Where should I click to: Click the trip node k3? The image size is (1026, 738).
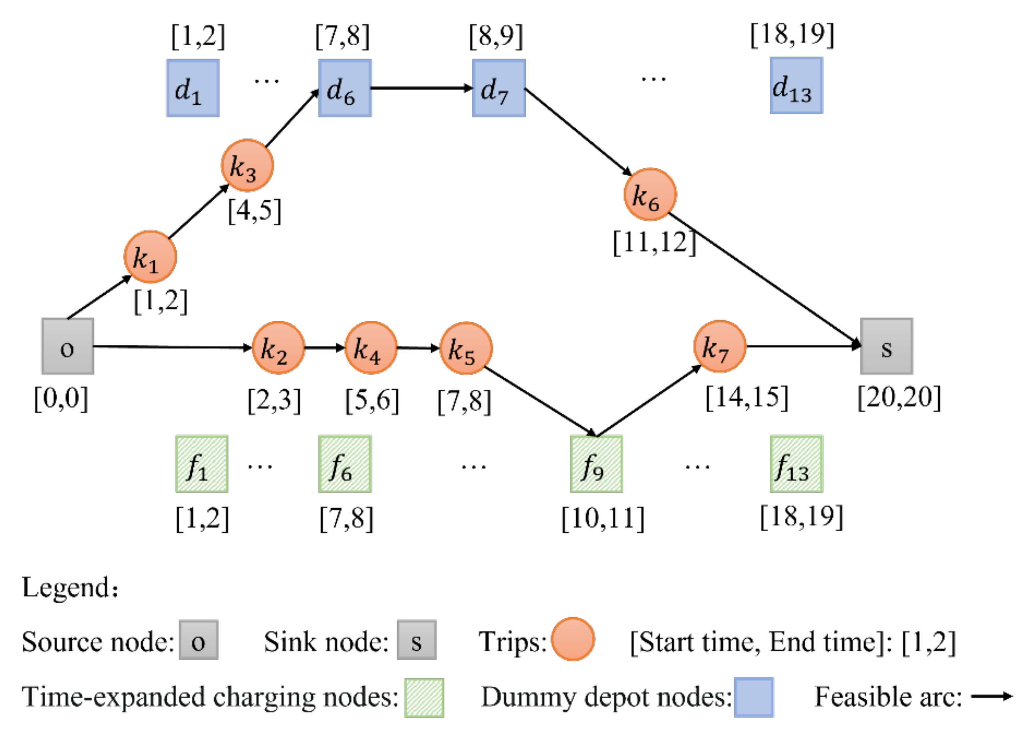click(x=247, y=165)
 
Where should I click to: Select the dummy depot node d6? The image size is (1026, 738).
click(x=345, y=88)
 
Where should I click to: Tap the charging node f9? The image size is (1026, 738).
click(x=596, y=464)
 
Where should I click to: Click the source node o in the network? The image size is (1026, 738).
click(x=68, y=346)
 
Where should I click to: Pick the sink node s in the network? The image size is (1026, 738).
click(x=886, y=346)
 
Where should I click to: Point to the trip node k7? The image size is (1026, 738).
click(x=719, y=346)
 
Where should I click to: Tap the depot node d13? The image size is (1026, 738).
click(x=796, y=85)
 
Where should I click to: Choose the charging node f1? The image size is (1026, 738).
click(x=202, y=464)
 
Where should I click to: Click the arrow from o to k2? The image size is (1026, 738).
click(x=172, y=347)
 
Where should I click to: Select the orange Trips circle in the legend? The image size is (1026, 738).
click(x=573, y=639)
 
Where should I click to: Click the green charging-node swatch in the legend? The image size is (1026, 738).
click(x=424, y=697)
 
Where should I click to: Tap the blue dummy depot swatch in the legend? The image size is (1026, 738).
click(x=753, y=697)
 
